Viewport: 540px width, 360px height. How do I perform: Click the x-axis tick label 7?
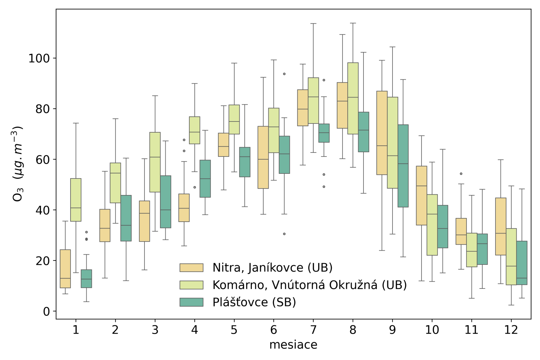(313, 330)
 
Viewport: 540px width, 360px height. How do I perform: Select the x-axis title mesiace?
(293, 345)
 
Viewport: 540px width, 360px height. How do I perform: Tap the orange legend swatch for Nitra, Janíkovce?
(191, 268)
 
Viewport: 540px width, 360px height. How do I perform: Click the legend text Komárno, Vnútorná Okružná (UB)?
(309, 285)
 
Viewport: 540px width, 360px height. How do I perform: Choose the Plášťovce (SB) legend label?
(254, 302)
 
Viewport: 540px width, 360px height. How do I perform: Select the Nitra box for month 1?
(65, 269)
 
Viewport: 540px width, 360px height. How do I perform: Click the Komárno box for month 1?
(76, 200)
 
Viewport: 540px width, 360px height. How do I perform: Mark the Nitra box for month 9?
(382, 133)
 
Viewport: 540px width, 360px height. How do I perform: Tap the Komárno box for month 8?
(353, 98)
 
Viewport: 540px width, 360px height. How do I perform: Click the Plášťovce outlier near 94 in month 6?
(284, 74)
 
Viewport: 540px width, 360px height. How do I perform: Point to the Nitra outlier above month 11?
(461, 174)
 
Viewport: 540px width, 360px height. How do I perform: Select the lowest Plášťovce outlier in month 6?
(284, 234)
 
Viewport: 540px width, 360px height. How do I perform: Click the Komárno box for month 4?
(194, 130)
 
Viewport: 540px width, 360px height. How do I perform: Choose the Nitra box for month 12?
(501, 226)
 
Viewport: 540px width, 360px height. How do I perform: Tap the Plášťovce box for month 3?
(165, 202)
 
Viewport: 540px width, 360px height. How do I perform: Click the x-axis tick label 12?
(511, 330)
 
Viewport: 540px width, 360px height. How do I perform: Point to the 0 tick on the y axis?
(47, 311)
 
